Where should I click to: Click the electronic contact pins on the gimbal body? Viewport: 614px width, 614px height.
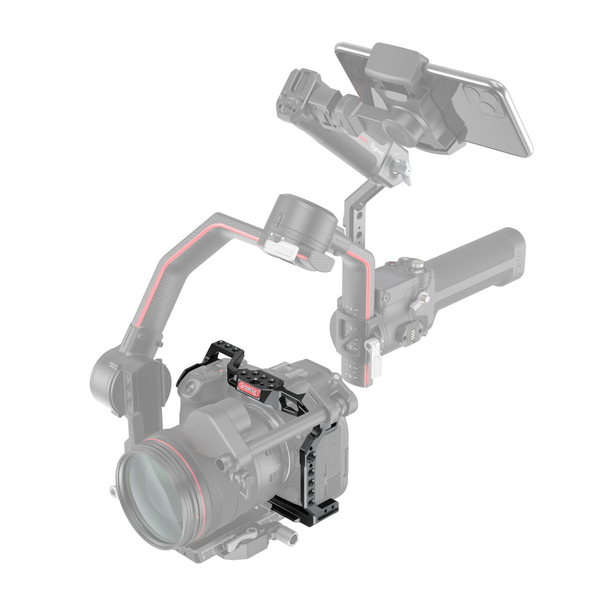(412, 333)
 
